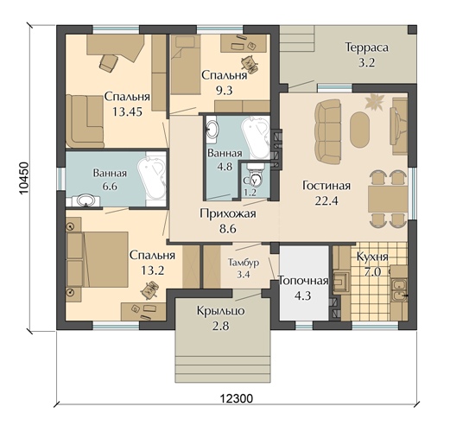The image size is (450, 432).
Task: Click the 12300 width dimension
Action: [237, 398]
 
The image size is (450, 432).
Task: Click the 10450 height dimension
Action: [23, 179]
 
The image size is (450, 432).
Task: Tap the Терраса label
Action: [367, 48]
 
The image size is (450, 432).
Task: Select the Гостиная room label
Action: [326, 186]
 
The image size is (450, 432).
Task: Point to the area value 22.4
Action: [326, 200]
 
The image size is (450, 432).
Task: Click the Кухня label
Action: [372, 257]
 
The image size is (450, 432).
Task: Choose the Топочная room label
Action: [304, 281]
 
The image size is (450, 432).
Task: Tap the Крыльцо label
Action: [221, 311]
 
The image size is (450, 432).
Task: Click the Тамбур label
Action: [244, 263]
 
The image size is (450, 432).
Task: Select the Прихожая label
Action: [228, 213]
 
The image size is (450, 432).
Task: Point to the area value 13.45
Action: [127, 111]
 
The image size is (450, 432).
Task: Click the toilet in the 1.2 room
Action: [255, 176]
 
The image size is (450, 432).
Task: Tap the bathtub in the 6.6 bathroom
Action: [152, 179]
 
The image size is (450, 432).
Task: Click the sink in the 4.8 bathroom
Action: [212, 129]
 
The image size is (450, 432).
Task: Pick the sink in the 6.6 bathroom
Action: [86, 200]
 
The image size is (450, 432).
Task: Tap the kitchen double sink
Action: [398, 290]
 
